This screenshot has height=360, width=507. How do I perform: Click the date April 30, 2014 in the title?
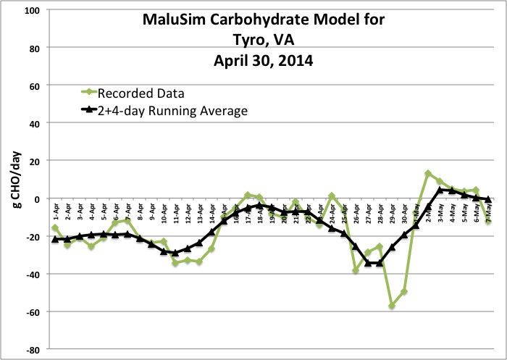tap(264, 62)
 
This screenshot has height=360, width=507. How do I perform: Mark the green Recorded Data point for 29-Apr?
tap(392, 306)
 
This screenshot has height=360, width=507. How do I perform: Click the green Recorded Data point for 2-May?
tap(428, 174)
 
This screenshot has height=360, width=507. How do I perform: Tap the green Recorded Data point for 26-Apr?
tap(356, 270)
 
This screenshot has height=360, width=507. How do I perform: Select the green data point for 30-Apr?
tap(404, 291)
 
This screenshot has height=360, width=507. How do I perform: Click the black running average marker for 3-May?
tap(440, 190)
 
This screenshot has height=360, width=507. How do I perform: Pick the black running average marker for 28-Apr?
tap(380, 263)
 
